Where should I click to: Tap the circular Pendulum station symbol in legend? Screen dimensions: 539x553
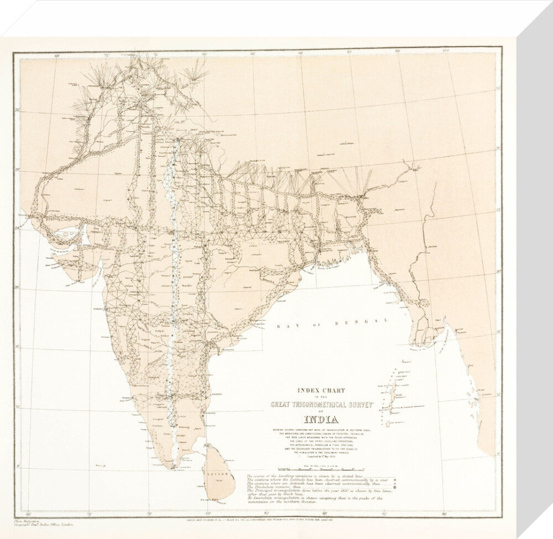coord(410,487)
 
